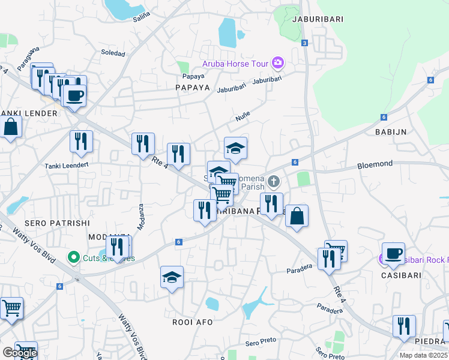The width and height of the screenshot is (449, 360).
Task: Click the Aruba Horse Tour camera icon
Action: [277, 62]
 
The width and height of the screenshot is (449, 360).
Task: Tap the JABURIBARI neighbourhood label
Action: [318, 19]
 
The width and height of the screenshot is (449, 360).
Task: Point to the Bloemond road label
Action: [375, 163]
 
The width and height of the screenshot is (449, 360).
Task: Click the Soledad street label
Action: [113, 53]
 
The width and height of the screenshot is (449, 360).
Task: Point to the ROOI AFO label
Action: [193, 322]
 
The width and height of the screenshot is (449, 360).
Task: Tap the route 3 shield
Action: [305, 43]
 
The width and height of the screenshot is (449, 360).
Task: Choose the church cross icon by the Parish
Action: [274, 181]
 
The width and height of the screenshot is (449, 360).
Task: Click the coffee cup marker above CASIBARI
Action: [393, 253]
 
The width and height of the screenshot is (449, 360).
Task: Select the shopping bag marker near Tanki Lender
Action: [11, 127]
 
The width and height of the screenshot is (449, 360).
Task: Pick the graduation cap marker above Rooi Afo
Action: [172, 277]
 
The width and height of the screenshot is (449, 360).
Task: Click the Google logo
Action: [20, 353]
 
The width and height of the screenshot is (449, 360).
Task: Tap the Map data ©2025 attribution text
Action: [423, 355]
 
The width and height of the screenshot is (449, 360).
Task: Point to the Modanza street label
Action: [141, 216]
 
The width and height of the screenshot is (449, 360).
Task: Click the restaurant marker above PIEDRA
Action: [404, 326]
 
